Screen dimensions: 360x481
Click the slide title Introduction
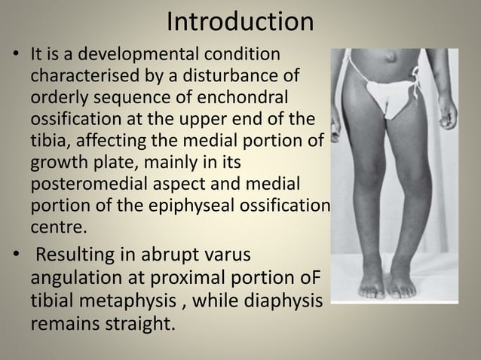tap(240, 22)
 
